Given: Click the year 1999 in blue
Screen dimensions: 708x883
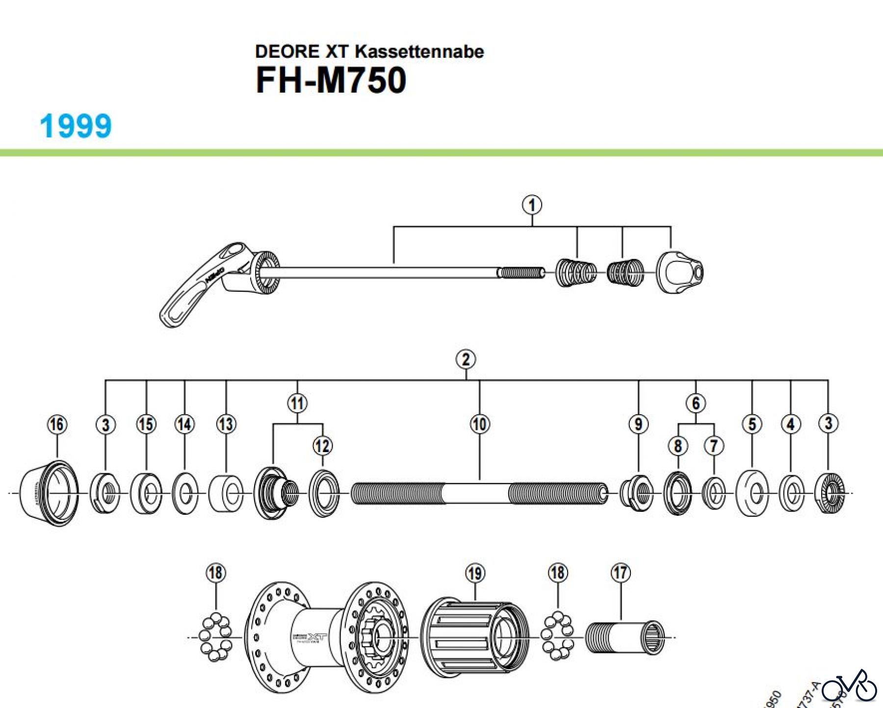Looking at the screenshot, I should point(76,126).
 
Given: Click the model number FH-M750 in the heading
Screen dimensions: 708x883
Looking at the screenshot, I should point(331,80).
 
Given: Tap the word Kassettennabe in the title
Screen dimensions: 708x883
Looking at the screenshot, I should point(419,51).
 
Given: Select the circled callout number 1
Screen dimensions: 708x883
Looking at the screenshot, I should point(532,205).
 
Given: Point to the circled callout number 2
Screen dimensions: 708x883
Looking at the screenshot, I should point(466,359).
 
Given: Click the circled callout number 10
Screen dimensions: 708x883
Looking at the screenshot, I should point(480,424).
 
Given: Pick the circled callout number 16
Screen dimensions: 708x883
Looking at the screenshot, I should point(57,424).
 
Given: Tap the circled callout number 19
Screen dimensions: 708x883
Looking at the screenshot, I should point(475,573).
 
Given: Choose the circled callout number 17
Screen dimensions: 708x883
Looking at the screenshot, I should point(621,572).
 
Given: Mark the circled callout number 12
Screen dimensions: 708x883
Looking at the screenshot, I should point(322,446).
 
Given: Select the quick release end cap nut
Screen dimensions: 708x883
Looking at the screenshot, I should point(679,273).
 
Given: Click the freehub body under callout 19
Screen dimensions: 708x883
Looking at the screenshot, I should point(473,637).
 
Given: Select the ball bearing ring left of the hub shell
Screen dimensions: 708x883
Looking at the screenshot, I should point(216,636).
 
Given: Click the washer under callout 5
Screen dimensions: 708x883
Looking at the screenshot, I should point(753,493).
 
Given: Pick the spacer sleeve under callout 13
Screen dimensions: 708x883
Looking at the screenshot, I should point(226,493).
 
